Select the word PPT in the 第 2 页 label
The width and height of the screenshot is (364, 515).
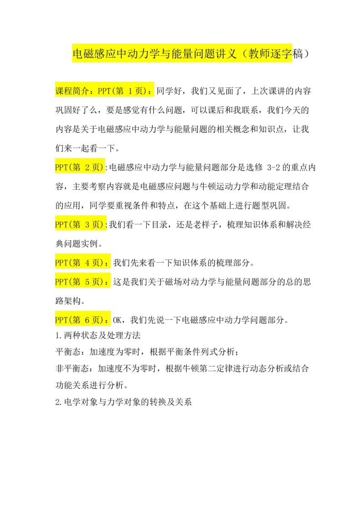point(61,167)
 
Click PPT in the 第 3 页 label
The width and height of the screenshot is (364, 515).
point(61,224)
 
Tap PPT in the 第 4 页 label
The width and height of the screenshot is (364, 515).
point(61,263)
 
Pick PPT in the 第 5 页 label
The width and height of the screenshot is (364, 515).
point(61,282)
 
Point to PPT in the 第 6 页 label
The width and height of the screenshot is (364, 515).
point(61,320)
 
